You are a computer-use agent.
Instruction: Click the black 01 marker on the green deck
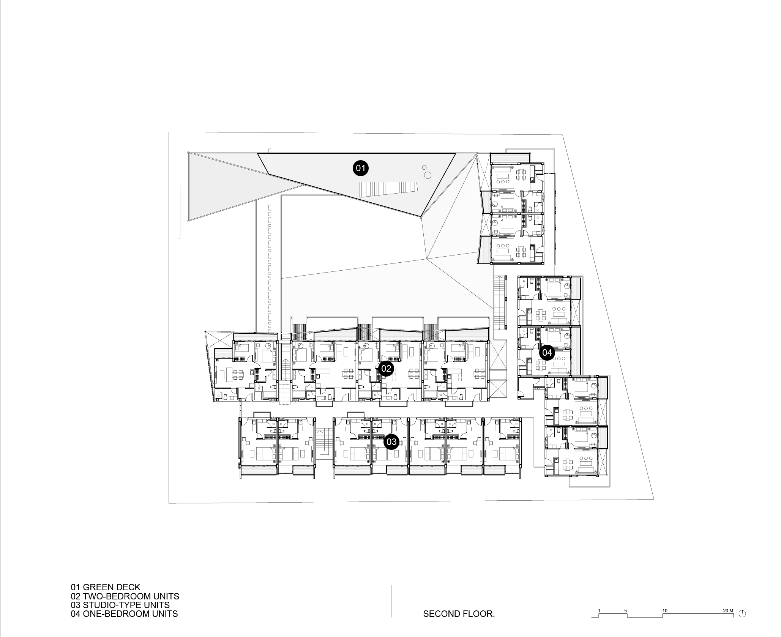pyautogui.click(x=360, y=168)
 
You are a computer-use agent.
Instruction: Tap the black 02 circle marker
pyautogui.click(x=386, y=368)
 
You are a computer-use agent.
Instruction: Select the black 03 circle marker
pyautogui.click(x=391, y=441)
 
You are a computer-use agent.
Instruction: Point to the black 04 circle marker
pyautogui.click(x=547, y=353)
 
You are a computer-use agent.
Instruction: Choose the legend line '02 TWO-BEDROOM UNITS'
pyautogui.click(x=125, y=596)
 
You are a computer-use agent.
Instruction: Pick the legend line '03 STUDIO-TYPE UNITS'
pyautogui.click(x=120, y=605)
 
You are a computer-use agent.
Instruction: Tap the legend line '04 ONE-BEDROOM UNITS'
pyautogui.click(x=124, y=613)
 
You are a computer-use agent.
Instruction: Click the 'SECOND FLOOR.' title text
pyautogui.click(x=459, y=614)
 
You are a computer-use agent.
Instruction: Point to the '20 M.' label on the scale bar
pyautogui.click(x=729, y=611)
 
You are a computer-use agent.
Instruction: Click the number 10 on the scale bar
pyautogui.click(x=665, y=611)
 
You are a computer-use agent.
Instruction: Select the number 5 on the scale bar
pyautogui.click(x=625, y=611)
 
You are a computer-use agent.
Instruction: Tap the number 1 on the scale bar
pyautogui.click(x=599, y=611)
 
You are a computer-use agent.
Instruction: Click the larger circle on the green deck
pyautogui.click(x=428, y=175)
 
